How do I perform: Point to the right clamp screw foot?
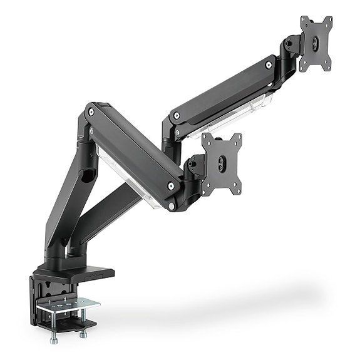coord(83,335)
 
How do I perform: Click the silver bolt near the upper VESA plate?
coord(269,64)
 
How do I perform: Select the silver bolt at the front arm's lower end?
coord(172,185)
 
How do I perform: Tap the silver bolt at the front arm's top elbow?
coord(91,112)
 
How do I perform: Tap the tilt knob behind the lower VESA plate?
coord(195,165)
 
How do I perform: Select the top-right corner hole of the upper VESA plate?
coord(327,21)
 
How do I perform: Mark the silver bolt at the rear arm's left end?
coord(177,115)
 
